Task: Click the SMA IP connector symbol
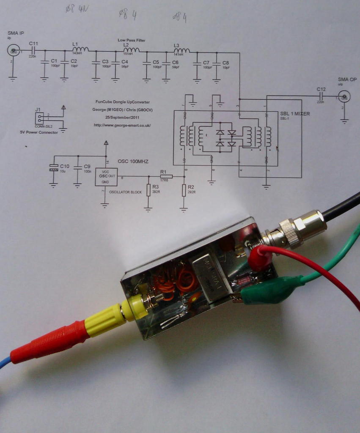click(13, 51)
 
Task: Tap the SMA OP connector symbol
click(344, 97)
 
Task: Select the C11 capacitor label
click(33, 43)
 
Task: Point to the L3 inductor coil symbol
click(181, 51)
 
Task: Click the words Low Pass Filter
click(131, 40)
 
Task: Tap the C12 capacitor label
click(321, 89)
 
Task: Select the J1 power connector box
click(39, 118)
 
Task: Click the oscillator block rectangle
click(106, 177)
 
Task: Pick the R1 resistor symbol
click(166, 176)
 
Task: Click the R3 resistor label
click(156, 186)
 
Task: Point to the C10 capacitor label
click(64, 166)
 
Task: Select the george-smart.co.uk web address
click(123, 126)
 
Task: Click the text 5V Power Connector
click(39, 132)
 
